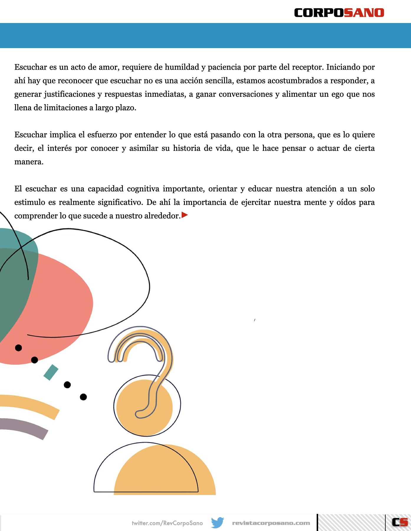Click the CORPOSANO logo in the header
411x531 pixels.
point(339,13)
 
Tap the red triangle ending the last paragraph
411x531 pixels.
point(185,215)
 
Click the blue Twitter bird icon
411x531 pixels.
point(218,522)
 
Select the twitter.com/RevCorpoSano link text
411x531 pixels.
point(167,523)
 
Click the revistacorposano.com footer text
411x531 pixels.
point(271,523)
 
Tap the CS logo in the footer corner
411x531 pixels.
point(400,522)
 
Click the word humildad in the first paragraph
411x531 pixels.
point(182,67)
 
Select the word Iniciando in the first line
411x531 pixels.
point(343,67)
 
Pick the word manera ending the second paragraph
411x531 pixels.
point(29,162)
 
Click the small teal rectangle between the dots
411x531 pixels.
point(51,372)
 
